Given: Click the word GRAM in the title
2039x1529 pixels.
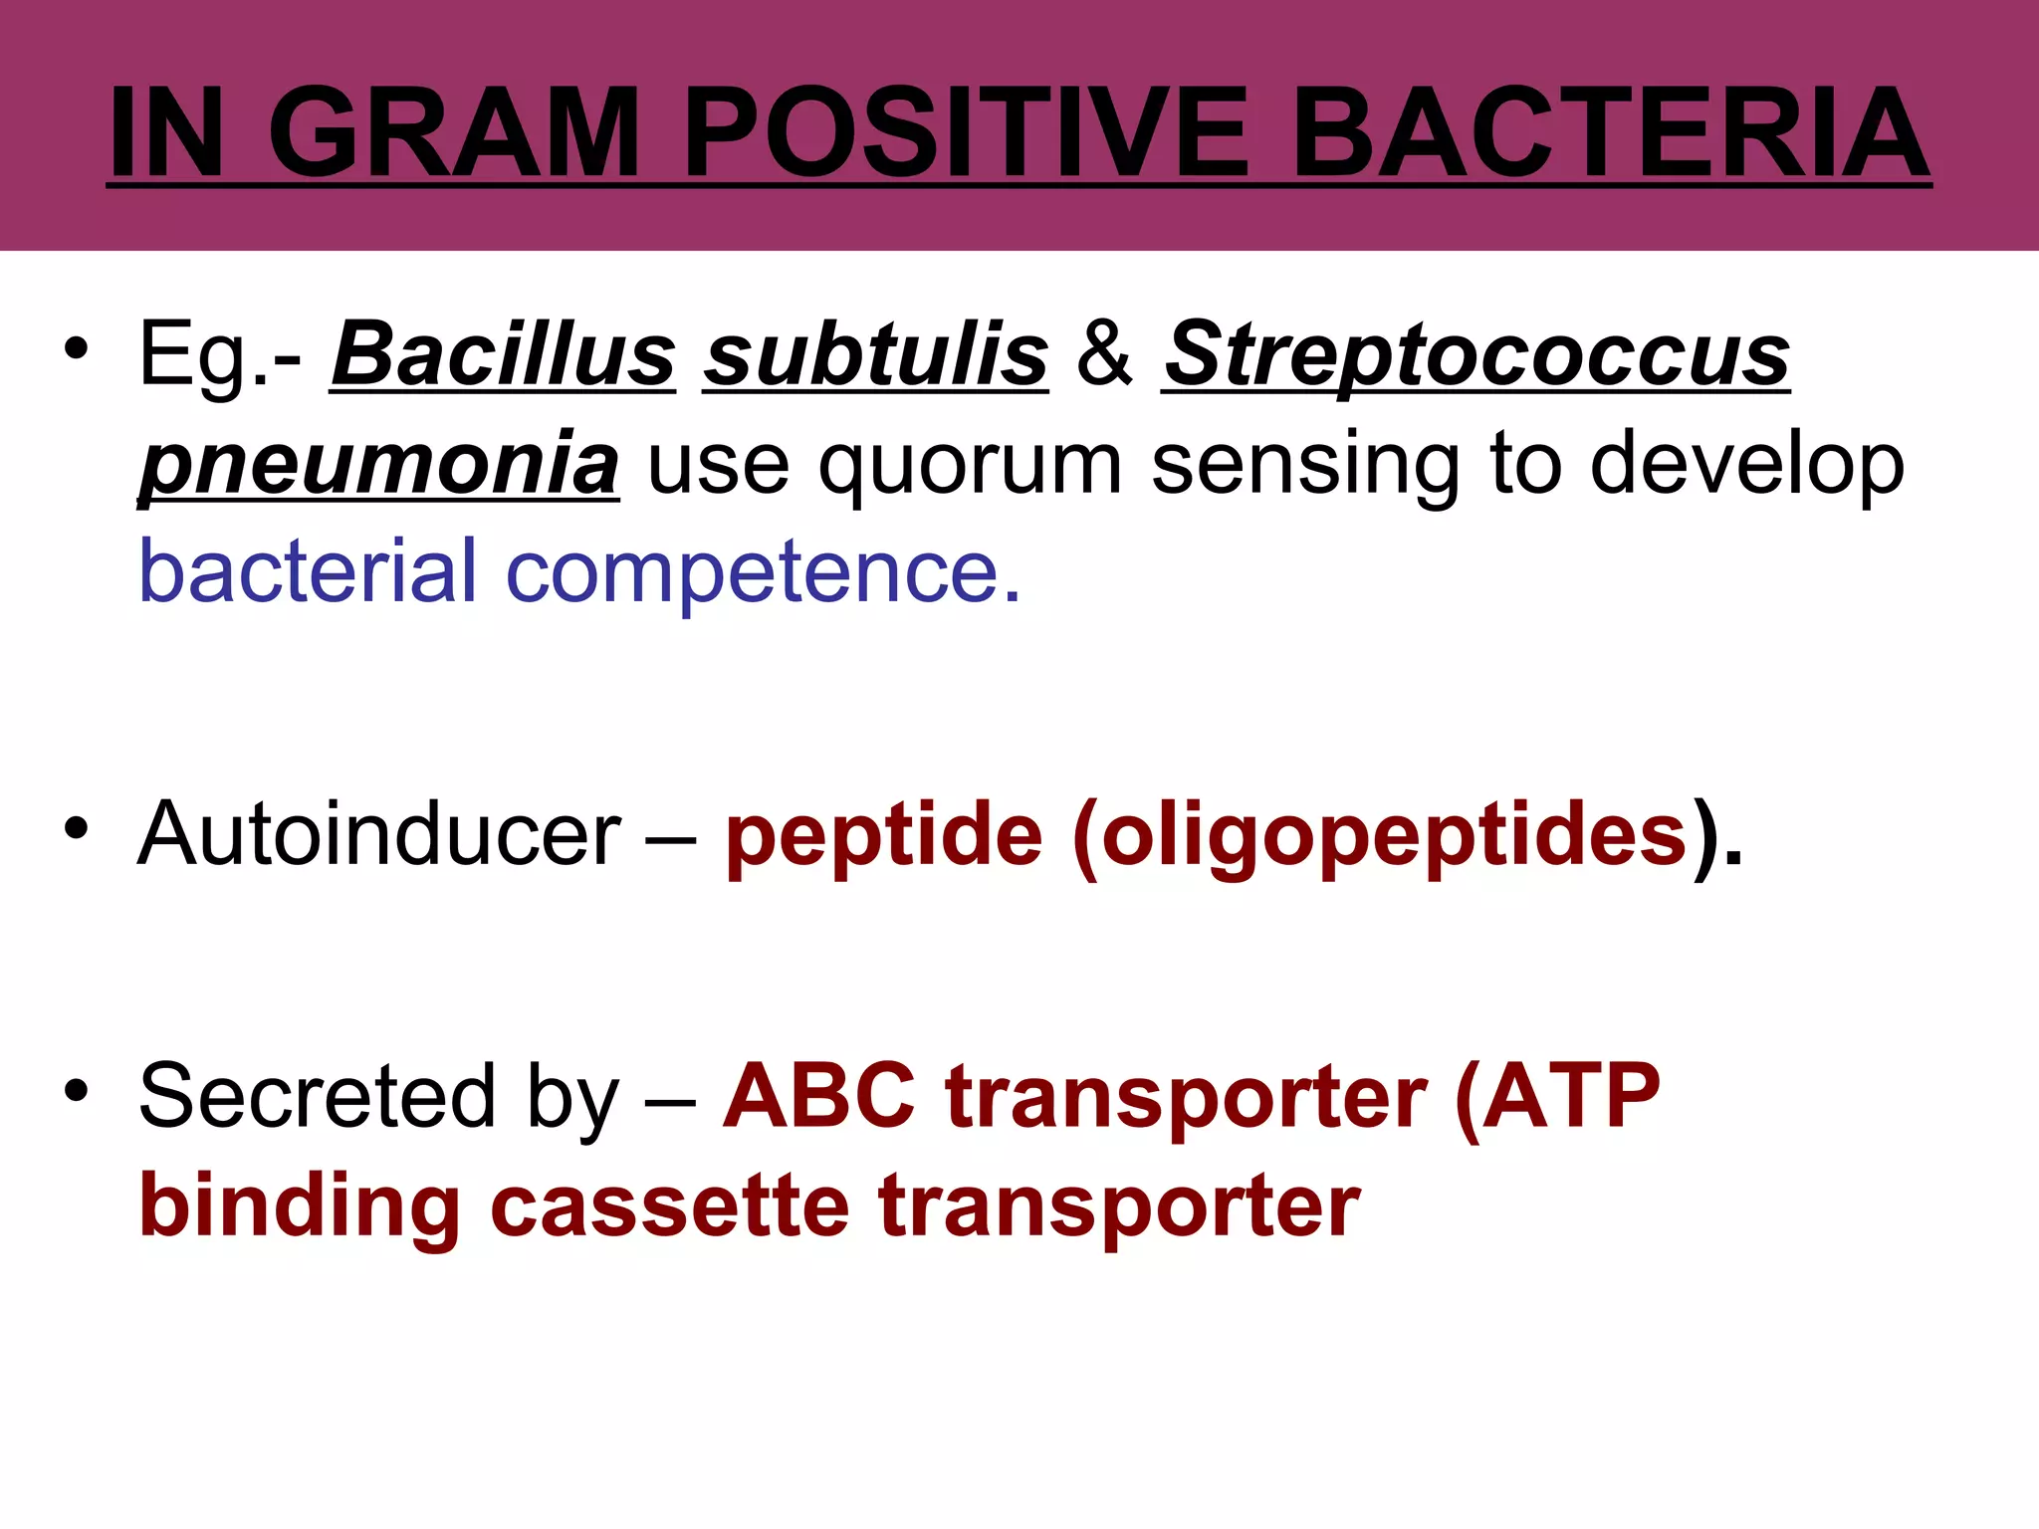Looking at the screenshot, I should coord(453,132).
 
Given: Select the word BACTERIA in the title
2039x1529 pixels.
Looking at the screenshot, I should coord(1610,132).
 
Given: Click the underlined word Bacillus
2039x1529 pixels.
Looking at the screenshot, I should coord(503,355).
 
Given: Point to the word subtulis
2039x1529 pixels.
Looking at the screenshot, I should coord(875,355).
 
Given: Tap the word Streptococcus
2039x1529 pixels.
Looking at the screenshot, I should coord(1476,355).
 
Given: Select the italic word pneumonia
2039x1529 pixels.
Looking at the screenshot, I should coord(379,464).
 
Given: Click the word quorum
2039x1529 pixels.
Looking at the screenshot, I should coord(970,466).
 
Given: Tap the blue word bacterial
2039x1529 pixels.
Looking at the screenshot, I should coord(308,572).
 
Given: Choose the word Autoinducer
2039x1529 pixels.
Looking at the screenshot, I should coord(379,834).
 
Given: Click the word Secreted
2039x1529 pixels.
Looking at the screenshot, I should coord(317,1096).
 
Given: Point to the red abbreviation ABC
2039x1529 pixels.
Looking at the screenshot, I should coord(818,1096).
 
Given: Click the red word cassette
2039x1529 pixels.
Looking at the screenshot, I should coord(670,1205).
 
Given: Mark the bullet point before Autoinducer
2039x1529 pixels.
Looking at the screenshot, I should coord(77,828).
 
